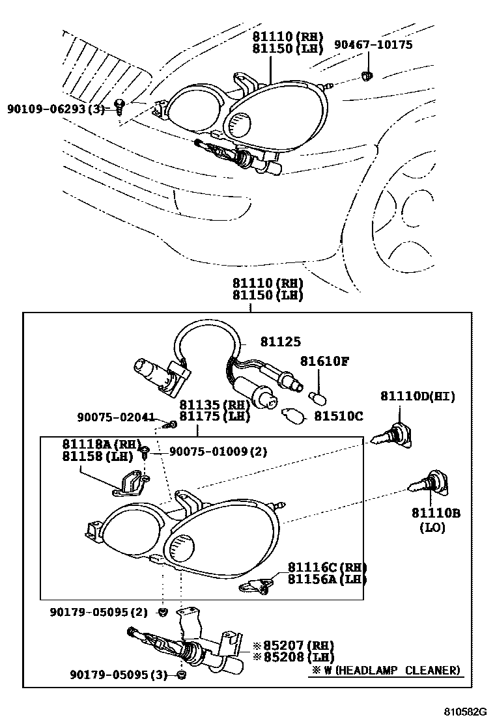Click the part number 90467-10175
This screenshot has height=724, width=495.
373,44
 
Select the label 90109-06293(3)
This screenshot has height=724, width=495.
55,109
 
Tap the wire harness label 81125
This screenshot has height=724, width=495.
281,342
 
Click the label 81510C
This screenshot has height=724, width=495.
339,415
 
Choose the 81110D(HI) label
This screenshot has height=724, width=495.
417,397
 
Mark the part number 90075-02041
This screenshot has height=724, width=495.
116,417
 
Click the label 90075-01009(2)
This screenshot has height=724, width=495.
218,451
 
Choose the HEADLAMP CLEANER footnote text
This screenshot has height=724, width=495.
385,670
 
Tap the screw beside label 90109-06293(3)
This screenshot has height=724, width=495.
120,106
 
